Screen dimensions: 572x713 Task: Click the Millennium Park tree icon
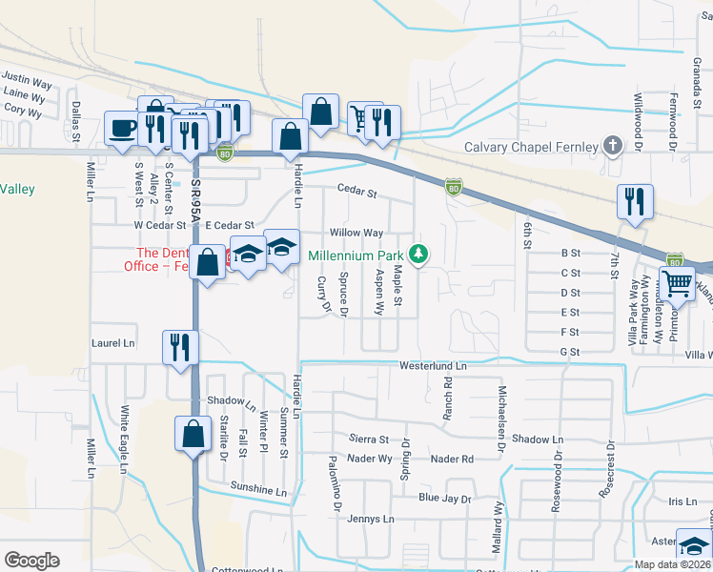click(418, 254)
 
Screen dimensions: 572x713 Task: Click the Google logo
click(31, 560)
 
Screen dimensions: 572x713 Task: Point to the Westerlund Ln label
click(433, 366)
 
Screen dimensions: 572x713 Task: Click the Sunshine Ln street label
click(257, 490)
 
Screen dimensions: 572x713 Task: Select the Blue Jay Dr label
click(445, 499)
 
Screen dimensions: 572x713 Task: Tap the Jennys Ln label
click(370, 520)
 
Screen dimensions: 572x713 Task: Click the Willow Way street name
click(356, 233)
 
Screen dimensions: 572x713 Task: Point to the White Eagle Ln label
click(124, 434)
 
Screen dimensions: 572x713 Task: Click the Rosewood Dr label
click(558, 489)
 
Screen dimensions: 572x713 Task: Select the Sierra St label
click(370, 439)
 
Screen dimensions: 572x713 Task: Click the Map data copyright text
click(673, 564)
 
